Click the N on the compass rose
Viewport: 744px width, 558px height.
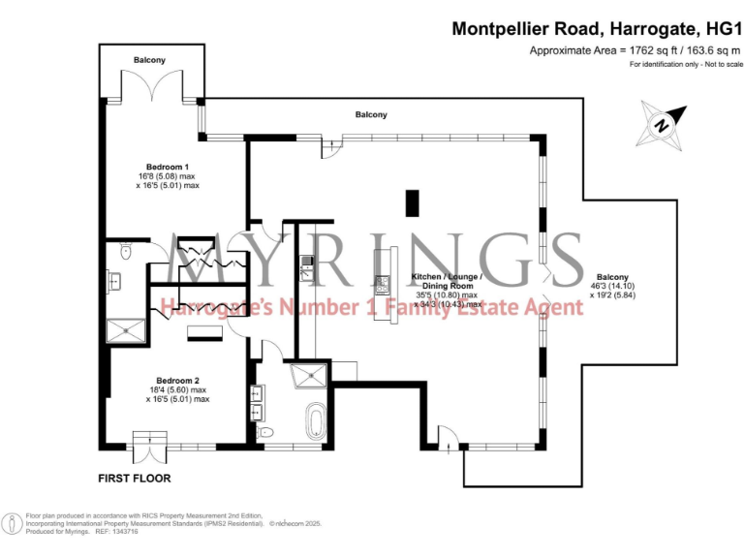coord(662,125)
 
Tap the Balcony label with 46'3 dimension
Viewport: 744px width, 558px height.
coord(611,276)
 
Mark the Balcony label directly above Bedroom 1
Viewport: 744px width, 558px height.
coord(149,60)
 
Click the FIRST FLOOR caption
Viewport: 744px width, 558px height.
coord(135,479)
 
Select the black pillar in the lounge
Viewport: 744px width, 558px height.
coord(413,203)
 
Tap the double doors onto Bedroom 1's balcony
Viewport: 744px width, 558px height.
coord(148,89)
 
